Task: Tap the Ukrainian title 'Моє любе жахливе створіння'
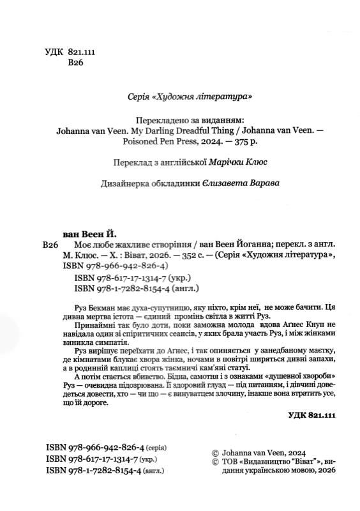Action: (x=127, y=245)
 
